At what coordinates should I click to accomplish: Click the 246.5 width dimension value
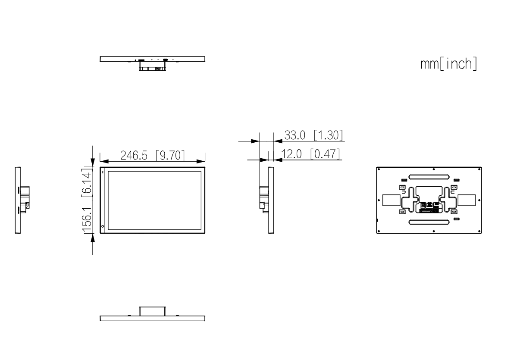click(x=134, y=155)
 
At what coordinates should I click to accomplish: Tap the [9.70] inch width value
click(x=170, y=155)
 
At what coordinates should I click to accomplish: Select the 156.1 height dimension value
click(x=87, y=220)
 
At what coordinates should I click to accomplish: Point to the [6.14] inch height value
click(x=87, y=182)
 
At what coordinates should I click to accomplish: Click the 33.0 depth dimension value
click(x=295, y=135)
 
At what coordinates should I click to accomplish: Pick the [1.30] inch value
click(x=328, y=135)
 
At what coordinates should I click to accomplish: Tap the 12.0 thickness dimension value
click(x=291, y=154)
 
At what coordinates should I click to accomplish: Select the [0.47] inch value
click(x=325, y=154)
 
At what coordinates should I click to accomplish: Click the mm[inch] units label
click(x=448, y=64)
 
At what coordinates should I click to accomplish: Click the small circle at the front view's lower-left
click(x=103, y=226)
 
